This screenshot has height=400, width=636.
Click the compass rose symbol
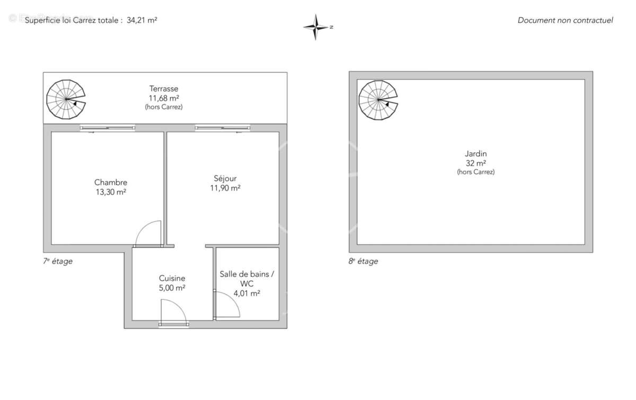pos(316,27)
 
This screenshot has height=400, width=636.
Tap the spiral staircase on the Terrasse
pos(65,99)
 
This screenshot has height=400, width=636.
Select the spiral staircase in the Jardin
pos(378,99)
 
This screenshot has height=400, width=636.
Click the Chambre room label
pos(111,182)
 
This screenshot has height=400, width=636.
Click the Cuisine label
pos(172,278)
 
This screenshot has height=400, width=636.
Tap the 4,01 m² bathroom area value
pos(247,293)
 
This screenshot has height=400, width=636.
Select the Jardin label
pos(475,154)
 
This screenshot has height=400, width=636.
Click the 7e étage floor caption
pos(58,261)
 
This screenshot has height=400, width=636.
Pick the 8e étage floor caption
pos(363,261)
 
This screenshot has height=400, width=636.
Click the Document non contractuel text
pos(565,20)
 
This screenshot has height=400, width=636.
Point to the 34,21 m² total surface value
pos(142,20)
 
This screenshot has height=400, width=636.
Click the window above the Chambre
pos(108,128)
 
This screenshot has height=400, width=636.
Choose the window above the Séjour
pos(223,128)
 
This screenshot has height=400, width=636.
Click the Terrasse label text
pos(164,89)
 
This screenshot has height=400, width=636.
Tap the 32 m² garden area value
pos(475,163)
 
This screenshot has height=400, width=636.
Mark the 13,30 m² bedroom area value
pos(111,192)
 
